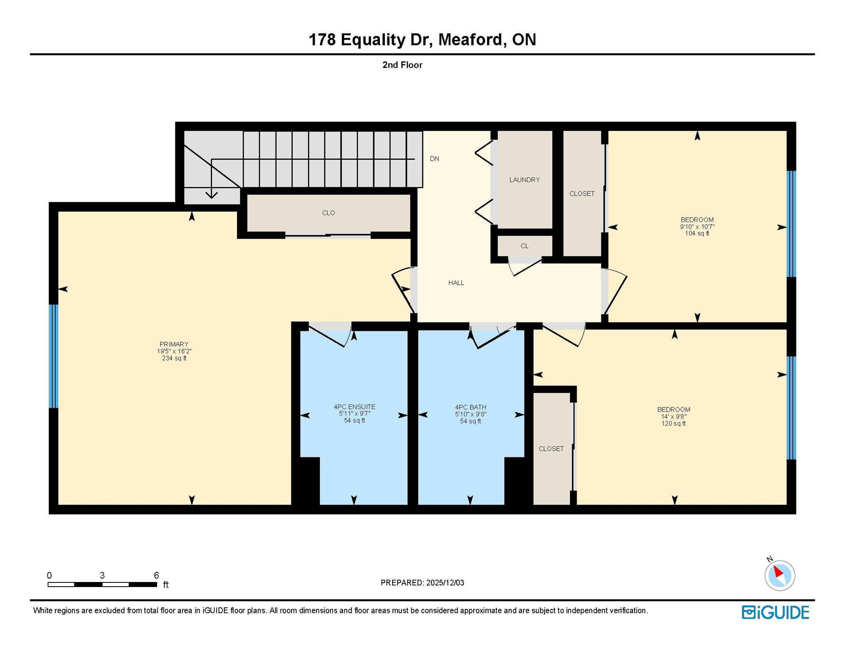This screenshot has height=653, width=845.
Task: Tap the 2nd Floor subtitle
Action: [x=402, y=65]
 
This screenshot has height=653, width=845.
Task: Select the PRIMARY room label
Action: [x=174, y=344]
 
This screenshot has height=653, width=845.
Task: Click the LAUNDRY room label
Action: [x=524, y=180]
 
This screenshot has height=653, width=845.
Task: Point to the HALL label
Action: [x=456, y=283]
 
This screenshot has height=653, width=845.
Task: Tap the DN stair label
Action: [x=434, y=158]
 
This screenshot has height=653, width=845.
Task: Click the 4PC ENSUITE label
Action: [x=354, y=407]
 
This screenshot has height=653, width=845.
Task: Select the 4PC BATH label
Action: [x=470, y=407]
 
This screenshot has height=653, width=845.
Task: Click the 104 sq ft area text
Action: [x=697, y=233]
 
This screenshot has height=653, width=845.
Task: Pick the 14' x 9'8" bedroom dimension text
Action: [x=674, y=416]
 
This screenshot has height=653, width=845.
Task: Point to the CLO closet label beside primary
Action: [x=328, y=213]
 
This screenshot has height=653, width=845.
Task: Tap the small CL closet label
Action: [x=524, y=246]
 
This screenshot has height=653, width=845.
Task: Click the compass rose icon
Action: [x=780, y=575]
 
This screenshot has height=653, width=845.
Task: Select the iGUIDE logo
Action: [x=775, y=612]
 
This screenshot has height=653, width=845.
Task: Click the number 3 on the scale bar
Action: [x=102, y=575]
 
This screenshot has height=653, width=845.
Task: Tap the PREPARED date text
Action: [x=422, y=582]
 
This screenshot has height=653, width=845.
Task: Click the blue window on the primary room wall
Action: [x=53, y=356]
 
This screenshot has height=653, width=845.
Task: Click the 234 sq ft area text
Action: [x=174, y=358]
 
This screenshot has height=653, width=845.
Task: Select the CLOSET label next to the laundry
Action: [x=582, y=194]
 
